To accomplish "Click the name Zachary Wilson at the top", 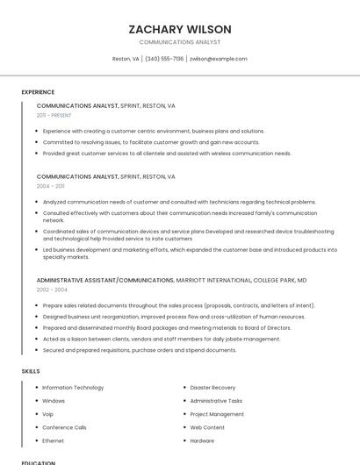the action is coord(180,29).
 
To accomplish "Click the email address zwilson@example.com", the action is coord(219,59).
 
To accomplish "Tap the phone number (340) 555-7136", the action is coord(164,59).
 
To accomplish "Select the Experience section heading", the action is coord(38,92).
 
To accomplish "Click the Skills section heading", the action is coord(31,371).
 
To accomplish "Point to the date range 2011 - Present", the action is coord(54,115).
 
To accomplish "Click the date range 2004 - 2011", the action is coord(51,186).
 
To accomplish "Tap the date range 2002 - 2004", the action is coord(52,290).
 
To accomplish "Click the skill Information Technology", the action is coord(73,387).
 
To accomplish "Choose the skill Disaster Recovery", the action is coord(212,387).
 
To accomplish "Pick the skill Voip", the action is coord(48,414).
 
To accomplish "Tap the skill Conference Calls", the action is coord(64,427).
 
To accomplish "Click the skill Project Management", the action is coord(217,414).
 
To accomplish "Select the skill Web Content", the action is coord(207,427).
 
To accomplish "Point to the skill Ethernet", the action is coord(53,440).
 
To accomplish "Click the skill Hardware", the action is coord(202,440).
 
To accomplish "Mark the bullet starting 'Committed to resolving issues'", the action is coord(151,142).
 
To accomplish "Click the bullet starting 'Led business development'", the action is coord(190,253).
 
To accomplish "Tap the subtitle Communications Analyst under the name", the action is coord(180,42).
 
